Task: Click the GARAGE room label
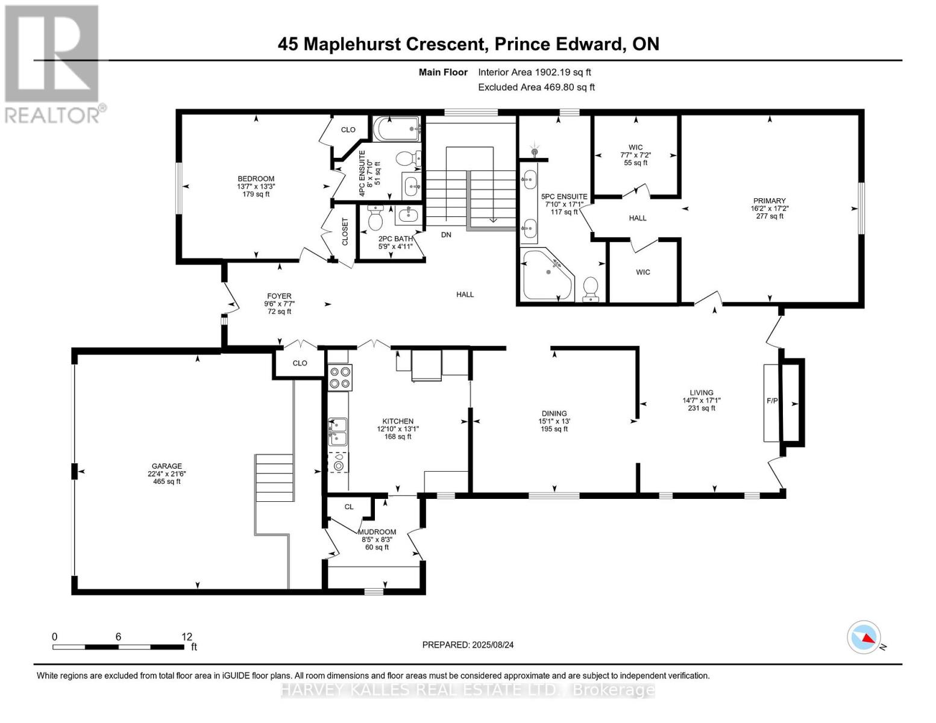pyautogui.click(x=166, y=466)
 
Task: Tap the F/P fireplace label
pyautogui.click(x=771, y=401)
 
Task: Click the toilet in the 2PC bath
pyautogui.click(x=375, y=218)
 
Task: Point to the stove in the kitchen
pyautogui.click(x=339, y=377)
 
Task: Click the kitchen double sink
pyautogui.click(x=338, y=431)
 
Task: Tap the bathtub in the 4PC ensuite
pyautogui.click(x=396, y=128)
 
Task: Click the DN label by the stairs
pyautogui.click(x=446, y=234)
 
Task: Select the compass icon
pyautogui.click(x=864, y=637)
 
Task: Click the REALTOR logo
pyautogui.click(x=52, y=63)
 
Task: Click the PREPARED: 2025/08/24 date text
pyautogui.click(x=468, y=645)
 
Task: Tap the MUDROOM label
pyautogui.click(x=377, y=532)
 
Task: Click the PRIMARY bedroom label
pyautogui.click(x=769, y=201)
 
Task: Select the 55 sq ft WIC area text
pyautogui.click(x=635, y=163)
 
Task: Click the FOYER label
pyautogui.click(x=279, y=296)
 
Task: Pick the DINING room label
pyautogui.click(x=553, y=413)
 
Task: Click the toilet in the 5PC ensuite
pyautogui.click(x=591, y=288)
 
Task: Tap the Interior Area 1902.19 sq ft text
pyautogui.click(x=534, y=72)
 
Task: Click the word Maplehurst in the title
pyautogui.click(x=394, y=44)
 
